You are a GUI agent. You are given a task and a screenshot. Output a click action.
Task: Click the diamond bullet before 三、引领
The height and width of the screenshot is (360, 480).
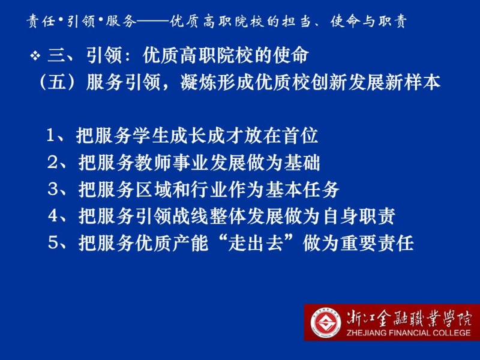(35, 56)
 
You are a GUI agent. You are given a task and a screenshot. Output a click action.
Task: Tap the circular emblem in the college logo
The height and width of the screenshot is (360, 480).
(326, 323)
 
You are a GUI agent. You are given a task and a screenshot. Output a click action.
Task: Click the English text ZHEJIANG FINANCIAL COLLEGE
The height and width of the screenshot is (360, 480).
(409, 333)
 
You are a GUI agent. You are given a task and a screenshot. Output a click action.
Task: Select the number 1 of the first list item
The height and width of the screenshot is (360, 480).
(50, 135)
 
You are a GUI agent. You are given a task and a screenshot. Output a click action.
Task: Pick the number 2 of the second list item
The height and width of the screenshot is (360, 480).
(52, 162)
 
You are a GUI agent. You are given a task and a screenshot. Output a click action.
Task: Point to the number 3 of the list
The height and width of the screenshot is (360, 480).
(53, 189)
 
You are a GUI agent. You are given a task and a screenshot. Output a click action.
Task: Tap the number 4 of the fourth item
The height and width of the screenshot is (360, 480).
(53, 216)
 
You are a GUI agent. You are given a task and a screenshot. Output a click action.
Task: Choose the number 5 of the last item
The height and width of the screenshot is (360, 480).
(53, 243)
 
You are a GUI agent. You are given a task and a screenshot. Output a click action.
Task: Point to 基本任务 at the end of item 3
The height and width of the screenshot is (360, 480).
(302, 189)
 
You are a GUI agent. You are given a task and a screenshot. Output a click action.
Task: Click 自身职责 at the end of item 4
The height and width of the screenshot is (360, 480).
(358, 216)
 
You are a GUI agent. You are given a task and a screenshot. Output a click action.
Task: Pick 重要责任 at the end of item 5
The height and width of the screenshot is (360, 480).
(377, 243)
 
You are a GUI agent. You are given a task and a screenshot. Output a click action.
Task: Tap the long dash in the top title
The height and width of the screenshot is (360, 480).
(152, 22)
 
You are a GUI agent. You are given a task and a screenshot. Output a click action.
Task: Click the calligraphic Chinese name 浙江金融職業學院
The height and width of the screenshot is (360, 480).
(409, 319)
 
